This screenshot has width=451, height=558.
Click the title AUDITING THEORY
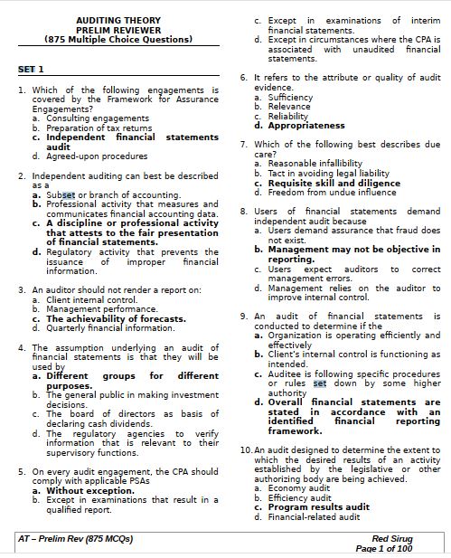[118, 19]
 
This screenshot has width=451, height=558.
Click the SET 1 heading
[31, 70]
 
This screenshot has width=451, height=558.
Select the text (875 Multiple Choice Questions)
[118, 39]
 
